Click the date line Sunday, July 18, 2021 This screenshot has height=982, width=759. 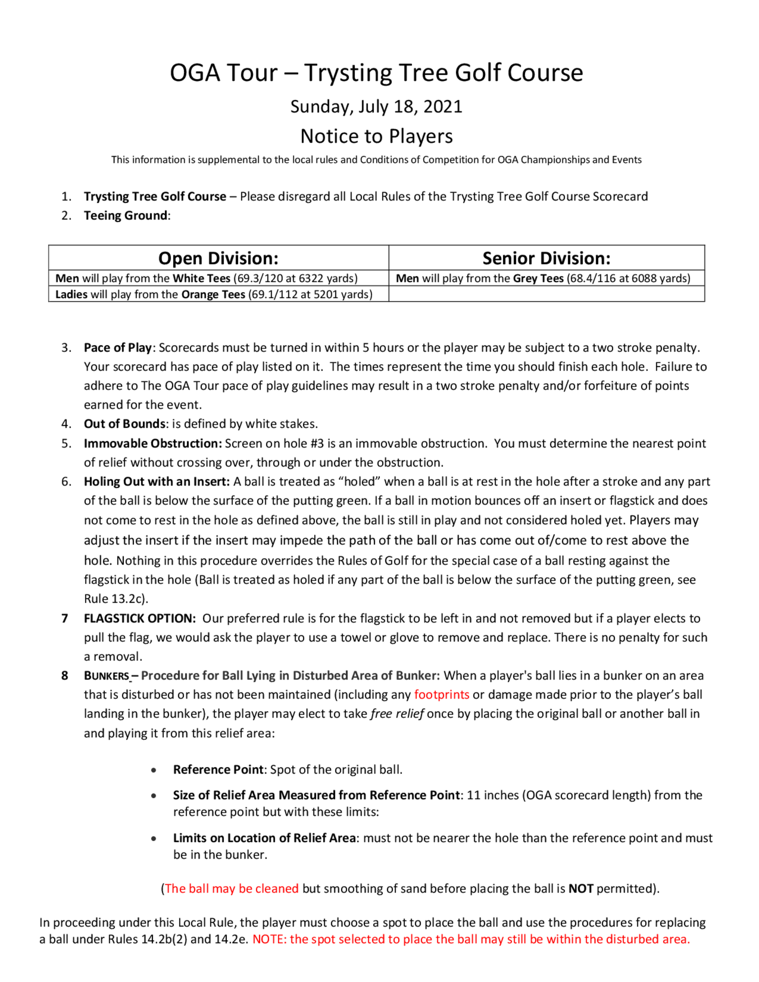tap(376, 107)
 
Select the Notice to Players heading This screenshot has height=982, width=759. tap(376, 136)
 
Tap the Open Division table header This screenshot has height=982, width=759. tap(218, 258)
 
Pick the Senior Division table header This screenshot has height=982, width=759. tap(546, 258)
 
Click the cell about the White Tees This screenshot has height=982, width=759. tap(206, 279)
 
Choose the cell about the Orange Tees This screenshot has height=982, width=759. tap(214, 294)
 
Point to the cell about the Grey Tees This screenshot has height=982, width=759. tap(543, 279)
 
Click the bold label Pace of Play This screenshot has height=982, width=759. tap(118, 348)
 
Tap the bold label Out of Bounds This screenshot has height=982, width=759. tap(124, 423)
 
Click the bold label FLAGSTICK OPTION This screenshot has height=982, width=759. tap(140, 618)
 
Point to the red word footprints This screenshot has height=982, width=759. tap(442, 694)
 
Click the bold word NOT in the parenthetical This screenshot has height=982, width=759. tap(581, 889)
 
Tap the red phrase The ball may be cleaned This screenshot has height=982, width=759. tap(231, 889)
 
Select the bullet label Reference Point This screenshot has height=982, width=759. tap(218, 770)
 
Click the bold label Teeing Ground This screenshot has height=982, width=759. tap(126, 216)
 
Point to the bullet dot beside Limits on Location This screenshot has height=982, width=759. tap(154, 839)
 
